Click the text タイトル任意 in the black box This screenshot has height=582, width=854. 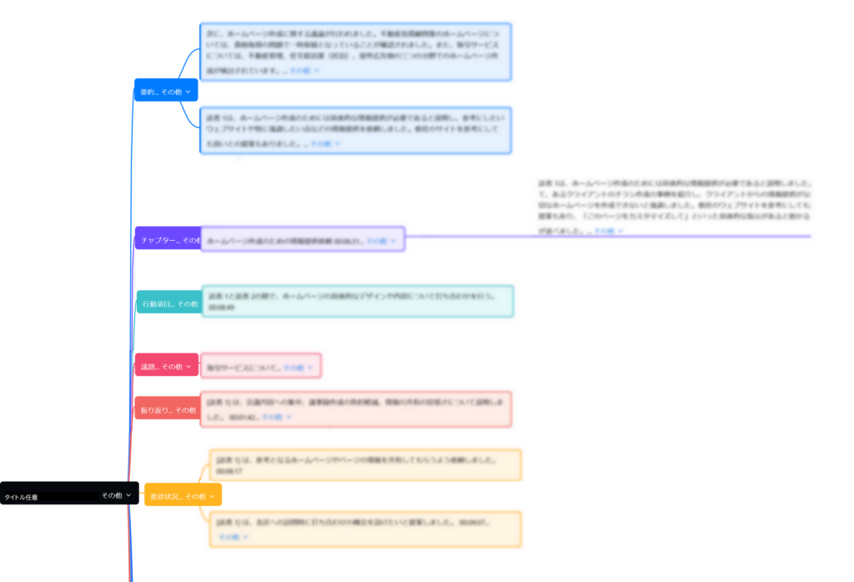(22, 497)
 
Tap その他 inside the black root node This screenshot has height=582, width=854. (112, 495)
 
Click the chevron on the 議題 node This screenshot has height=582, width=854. (188, 366)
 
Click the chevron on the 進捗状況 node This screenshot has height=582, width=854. (212, 496)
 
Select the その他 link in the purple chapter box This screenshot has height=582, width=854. (377, 241)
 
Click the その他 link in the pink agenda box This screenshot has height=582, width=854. (294, 367)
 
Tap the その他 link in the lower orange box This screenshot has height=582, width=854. (229, 537)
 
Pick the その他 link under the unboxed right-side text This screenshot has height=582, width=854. (604, 231)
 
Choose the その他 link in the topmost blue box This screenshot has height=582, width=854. (300, 71)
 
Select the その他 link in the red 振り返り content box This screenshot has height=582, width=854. (273, 416)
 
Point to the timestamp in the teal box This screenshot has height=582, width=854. (222, 308)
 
